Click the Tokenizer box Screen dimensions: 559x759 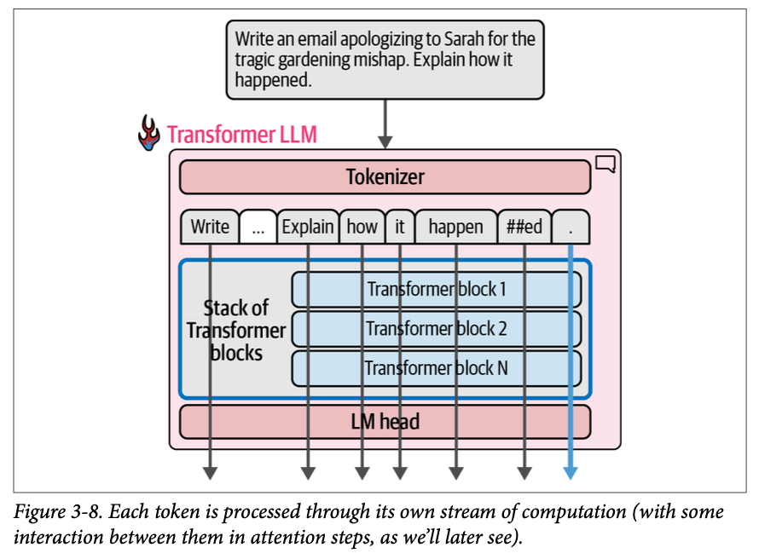(385, 177)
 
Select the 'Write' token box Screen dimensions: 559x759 (209, 227)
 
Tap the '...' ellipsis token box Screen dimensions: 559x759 (258, 228)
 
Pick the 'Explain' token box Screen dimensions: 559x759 (308, 227)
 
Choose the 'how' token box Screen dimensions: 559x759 (362, 227)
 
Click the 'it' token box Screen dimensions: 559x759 (399, 227)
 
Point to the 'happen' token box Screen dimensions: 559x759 (455, 227)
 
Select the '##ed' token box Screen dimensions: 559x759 (524, 227)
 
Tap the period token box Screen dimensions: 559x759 (571, 227)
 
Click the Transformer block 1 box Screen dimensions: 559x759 (437, 289)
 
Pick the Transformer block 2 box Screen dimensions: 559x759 (437, 328)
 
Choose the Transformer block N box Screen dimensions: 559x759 (437, 368)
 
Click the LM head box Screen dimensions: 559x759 (385, 421)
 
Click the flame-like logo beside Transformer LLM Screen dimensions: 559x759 (149, 135)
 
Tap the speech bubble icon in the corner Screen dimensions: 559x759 (605, 164)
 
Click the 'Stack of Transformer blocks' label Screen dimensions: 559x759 (235, 330)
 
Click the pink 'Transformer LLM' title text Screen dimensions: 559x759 (242, 135)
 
